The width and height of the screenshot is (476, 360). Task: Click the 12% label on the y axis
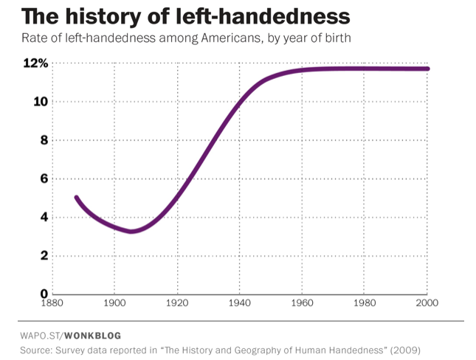35,63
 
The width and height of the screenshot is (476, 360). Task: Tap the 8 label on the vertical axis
44,140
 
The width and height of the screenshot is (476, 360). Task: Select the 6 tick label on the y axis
44,179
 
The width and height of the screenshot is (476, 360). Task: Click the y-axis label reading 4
44,217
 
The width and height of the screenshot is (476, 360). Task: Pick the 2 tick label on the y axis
44,256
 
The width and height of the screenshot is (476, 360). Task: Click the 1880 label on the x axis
52,303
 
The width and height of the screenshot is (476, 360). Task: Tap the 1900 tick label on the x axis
114,303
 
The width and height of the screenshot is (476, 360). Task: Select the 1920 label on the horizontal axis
177,303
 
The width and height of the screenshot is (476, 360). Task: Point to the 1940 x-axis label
240,303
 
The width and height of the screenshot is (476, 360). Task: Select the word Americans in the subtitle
213,38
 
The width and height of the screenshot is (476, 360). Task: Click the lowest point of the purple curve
131,232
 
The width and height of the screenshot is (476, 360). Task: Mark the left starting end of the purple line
77,198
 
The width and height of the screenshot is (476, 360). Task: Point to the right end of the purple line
427,69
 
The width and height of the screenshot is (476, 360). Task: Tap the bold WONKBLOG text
93,336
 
